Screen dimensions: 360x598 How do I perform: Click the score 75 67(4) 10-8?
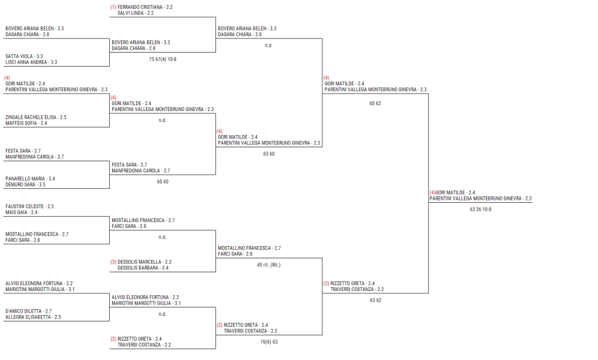point(162,59)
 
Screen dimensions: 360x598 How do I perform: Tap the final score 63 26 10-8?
point(481,209)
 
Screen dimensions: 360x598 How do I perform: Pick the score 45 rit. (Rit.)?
point(269,265)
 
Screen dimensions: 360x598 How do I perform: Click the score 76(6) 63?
point(269,342)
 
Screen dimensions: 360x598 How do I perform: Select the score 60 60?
point(162,182)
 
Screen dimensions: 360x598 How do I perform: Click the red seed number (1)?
point(113,7)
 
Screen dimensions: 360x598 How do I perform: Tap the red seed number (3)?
point(113,262)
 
